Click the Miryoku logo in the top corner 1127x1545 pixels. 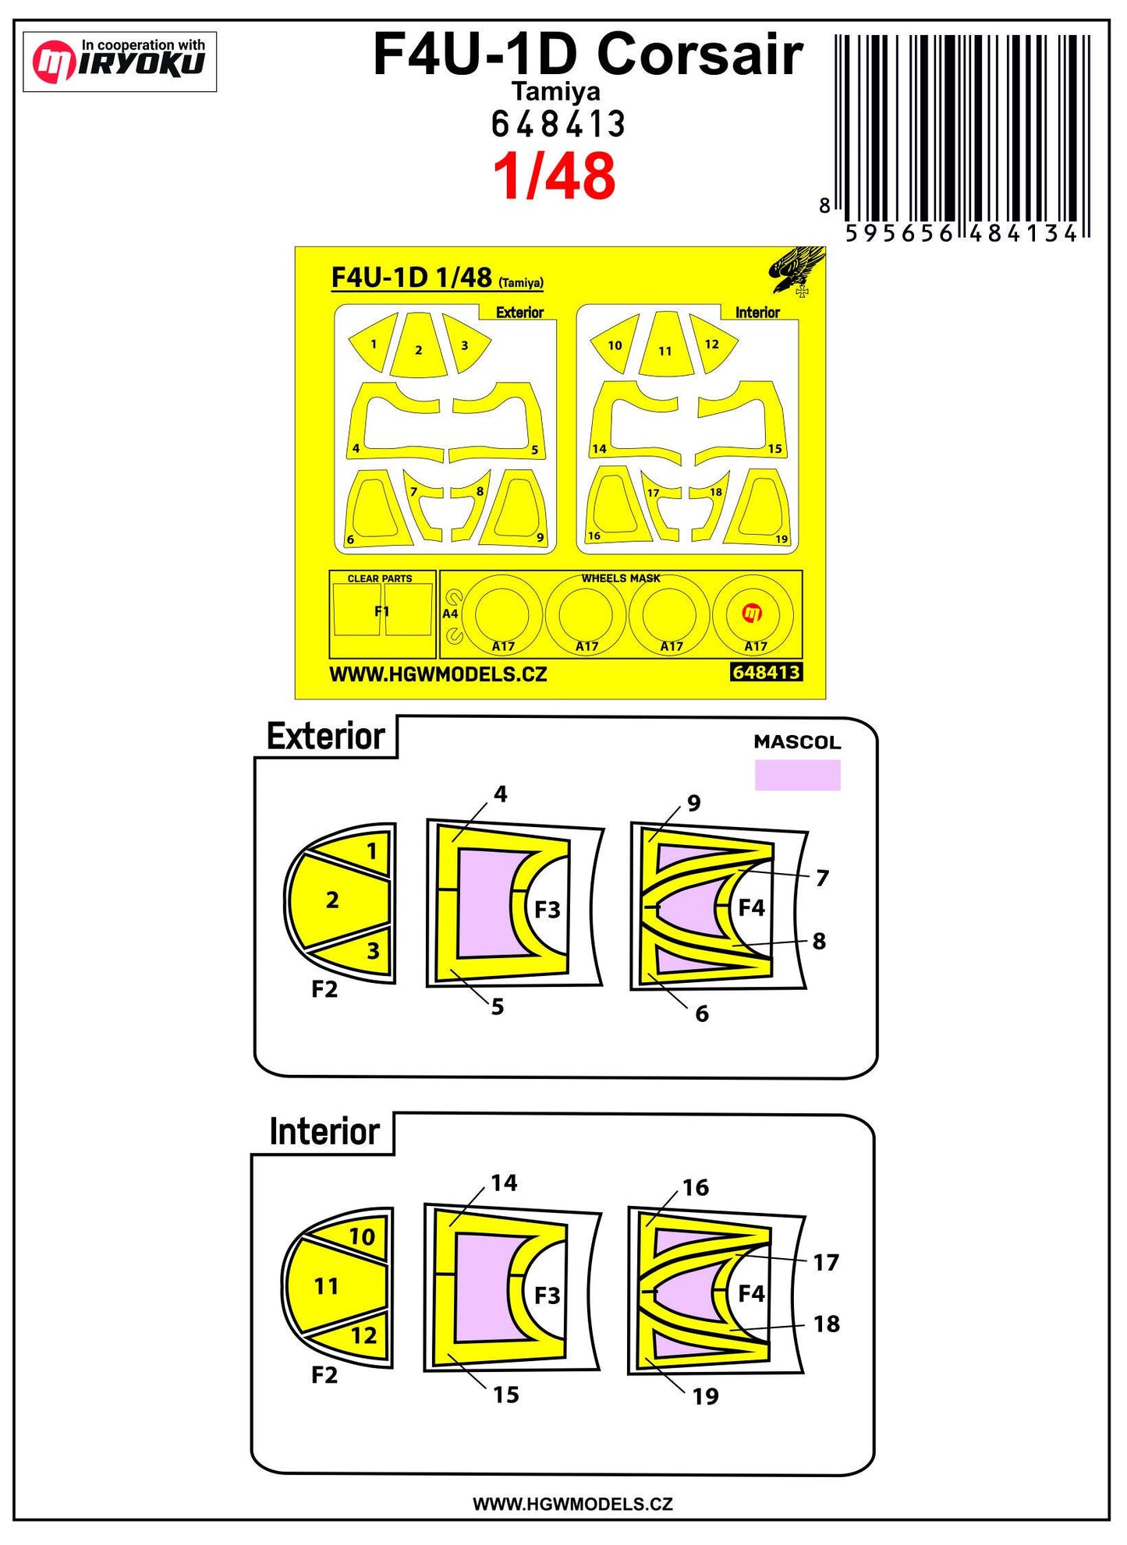click(x=119, y=62)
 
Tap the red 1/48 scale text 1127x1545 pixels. click(x=555, y=176)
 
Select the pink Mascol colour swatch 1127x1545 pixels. click(x=797, y=776)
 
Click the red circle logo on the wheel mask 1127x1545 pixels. click(x=752, y=613)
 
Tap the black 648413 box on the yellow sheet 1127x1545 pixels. click(x=767, y=672)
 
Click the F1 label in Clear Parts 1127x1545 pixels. click(x=381, y=611)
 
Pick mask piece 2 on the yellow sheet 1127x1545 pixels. click(x=419, y=345)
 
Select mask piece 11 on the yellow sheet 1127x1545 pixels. click(x=665, y=345)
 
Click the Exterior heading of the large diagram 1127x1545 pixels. click(x=326, y=737)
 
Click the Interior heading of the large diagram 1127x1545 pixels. click(x=324, y=1132)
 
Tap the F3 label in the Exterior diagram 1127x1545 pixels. click(x=548, y=910)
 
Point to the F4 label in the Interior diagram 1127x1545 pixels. click(x=751, y=1294)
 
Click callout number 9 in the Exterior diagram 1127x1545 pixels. click(x=694, y=803)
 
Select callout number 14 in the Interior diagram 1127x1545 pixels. click(x=504, y=1183)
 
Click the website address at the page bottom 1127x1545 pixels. click(x=572, y=1504)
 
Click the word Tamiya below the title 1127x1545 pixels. click(x=555, y=92)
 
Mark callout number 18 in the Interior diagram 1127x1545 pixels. click(x=827, y=1324)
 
